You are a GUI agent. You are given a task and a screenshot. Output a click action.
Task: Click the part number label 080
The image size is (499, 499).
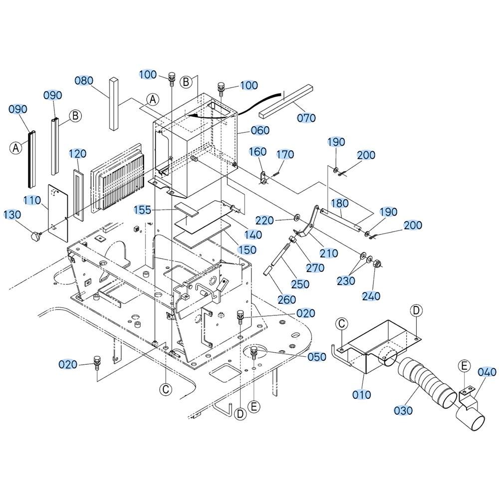click(x=84, y=80)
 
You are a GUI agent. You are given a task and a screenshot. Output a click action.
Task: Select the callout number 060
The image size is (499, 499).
click(x=260, y=130)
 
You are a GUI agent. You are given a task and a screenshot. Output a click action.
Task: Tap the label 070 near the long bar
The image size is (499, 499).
click(x=306, y=118)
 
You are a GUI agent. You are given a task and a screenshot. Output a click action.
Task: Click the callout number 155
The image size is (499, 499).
click(x=142, y=210)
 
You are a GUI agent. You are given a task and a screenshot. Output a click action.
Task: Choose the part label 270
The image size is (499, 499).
click(x=315, y=268)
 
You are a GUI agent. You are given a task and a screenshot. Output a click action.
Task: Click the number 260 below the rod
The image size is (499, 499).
click(x=286, y=299)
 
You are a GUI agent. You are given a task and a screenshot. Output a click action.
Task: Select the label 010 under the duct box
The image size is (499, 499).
click(x=361, y=395)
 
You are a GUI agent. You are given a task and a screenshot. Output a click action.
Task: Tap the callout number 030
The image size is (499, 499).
click(x=403, y=411)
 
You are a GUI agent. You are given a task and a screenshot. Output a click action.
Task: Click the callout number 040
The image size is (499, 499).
click(x=487, y=372)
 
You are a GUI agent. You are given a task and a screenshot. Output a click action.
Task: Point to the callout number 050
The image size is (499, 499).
click(x=317, y=357)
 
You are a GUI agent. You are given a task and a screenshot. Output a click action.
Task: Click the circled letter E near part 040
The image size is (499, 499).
click(x=464, y=366)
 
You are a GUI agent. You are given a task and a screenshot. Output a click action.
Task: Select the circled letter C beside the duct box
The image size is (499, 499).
click(x=341, y=324)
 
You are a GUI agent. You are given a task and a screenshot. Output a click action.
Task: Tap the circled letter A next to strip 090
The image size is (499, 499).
click(x=16, y=148)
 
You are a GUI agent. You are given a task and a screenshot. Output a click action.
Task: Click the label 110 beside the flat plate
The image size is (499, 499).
click(x=32, y=201)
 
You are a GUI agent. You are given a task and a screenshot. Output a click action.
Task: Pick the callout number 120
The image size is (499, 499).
click(x=78, y=154)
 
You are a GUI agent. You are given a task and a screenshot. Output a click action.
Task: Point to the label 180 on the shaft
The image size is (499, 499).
click(x=339, y=204)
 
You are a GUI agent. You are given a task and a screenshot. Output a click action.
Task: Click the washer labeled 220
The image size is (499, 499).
click(x=296, y=218)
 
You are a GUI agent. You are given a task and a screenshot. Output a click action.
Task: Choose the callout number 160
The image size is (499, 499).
click(x=257, y=152)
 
